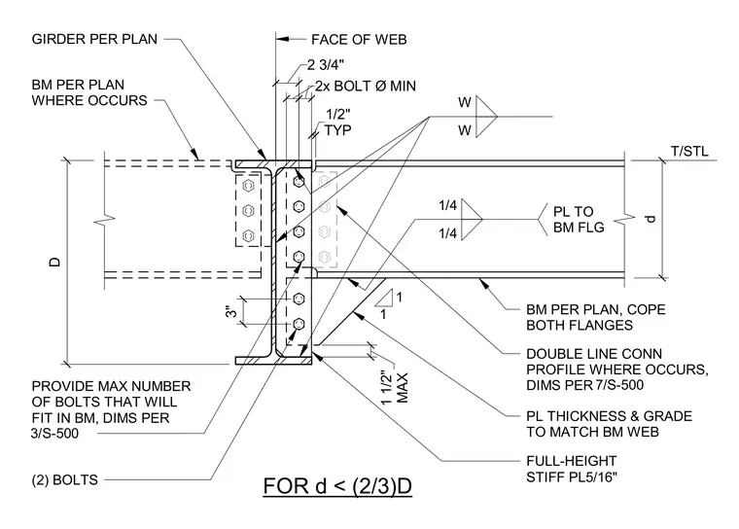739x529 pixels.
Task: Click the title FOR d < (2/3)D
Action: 337,486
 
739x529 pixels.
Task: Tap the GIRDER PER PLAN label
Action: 94,39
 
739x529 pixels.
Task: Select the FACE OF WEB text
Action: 359,40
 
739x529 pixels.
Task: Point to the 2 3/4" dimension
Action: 326,64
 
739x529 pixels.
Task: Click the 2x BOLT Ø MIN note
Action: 366,86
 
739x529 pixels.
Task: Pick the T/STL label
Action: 689,152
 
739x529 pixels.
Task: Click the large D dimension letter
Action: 55,263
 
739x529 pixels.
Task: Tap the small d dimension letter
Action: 651,219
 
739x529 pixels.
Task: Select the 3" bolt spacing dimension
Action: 231,311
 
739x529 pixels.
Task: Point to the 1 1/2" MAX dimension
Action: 395,388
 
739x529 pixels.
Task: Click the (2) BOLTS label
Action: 64,480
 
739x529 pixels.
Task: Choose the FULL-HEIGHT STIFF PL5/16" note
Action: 571,469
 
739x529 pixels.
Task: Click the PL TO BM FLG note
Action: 579,219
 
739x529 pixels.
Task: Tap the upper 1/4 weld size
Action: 447,205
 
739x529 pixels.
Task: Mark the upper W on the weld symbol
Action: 465,102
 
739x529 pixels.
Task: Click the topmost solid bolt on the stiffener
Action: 299,181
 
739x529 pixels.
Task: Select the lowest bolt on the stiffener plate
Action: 299,324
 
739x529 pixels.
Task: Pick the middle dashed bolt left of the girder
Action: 248,210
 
